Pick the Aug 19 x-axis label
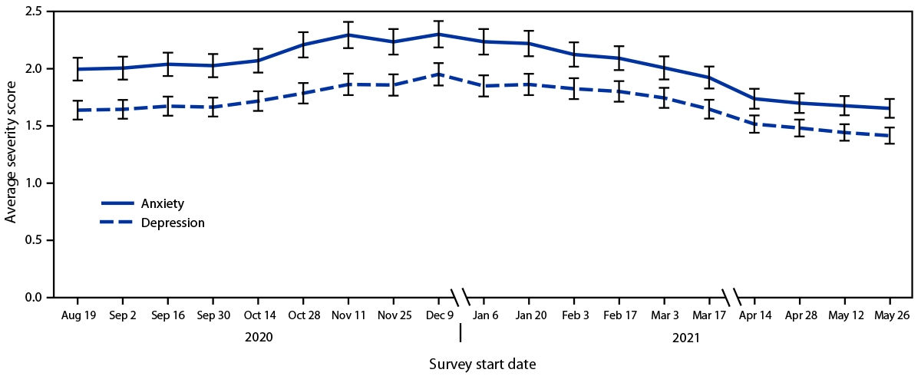coord(78,315)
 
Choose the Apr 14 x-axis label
coord(754,315)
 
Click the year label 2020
coord(259,336)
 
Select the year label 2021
coord(685,336)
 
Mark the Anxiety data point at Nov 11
coord(348,35)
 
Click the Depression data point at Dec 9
coord(438,74)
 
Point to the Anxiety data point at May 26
coord(889,108)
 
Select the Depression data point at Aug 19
coord(78,110)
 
